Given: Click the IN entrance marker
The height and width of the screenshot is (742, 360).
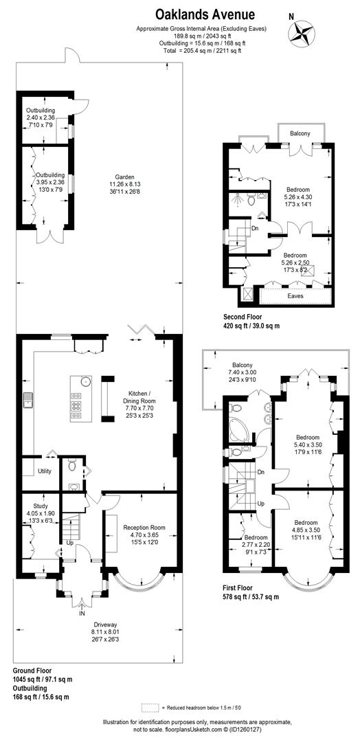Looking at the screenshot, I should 83,614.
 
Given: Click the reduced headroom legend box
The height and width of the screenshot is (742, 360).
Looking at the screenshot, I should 150,707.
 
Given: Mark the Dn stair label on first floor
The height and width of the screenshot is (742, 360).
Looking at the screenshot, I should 261,473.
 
